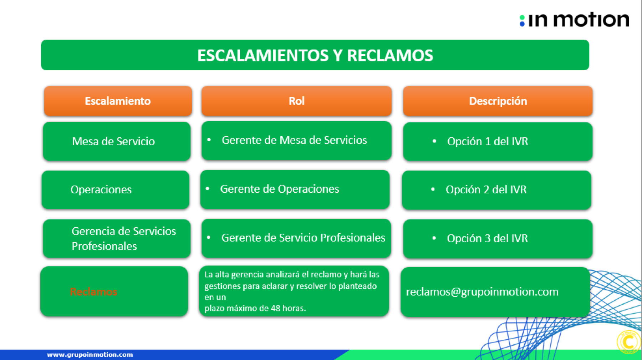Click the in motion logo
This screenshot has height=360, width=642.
[x=574, y=20]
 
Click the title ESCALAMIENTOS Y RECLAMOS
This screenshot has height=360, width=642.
[x=315, y=55]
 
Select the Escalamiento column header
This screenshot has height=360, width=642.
[x=118, y=101]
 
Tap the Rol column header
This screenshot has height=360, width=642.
[x=296, y=101]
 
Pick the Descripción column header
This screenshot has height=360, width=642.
[x=498, y=101]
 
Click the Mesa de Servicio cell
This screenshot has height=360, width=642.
[x=117, y=141]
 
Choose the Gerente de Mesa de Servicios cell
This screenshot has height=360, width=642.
[x=296, y=141]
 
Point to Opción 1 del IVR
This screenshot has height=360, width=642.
[x=488, y=141]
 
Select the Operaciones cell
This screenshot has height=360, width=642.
[x=115, y=189]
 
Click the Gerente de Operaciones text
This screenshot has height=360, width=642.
[x=280, y=189]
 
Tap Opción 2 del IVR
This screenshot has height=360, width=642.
[x=486, y=189]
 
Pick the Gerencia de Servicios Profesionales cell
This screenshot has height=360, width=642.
[x=117, y=238]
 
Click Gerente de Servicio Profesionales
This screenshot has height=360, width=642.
[x=303, y=238]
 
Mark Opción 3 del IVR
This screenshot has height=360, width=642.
[x=487, y=238]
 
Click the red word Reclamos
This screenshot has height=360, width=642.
[x=93, y=291]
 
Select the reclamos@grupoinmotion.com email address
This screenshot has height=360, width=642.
[x=482, y=292]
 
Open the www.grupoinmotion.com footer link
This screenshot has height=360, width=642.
[x=90, y=355]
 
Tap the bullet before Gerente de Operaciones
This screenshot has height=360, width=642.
[x=208, y=189]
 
